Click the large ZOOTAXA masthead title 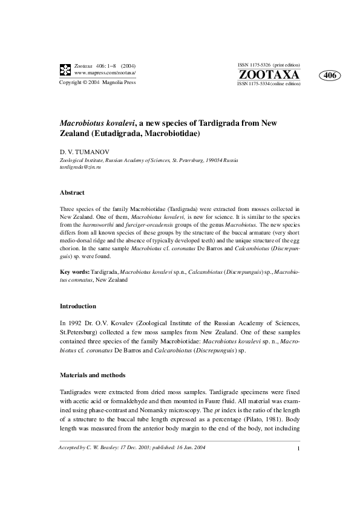pyautogui.click(x=269, y=75)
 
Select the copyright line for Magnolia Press pyautogui.click(x=97, y=83)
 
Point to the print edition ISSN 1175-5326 pyautogui.click(x=269, y=65)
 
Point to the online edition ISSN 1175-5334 pyautogui.click(x=269, y=84)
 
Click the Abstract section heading pyautogui.click(x=72, y=192)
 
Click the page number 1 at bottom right pyautogui.click(x=299, y=449)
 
